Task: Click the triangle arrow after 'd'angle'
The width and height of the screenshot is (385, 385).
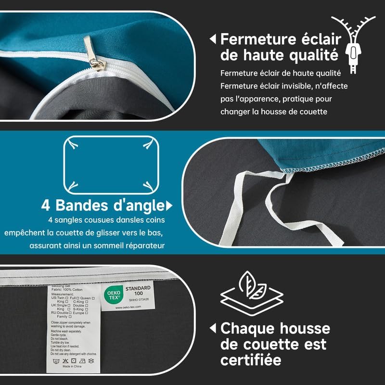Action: click(x=169, y=206)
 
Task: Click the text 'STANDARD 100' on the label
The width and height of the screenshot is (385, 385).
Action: click(x=138, y=292)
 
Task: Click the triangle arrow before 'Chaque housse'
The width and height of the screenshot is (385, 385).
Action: click(x=212, y=329)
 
